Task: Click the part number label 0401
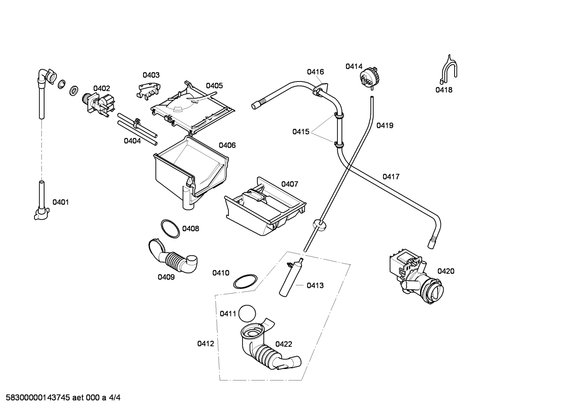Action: click(x=61, y=202)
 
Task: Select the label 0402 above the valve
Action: click(x=102, y=88)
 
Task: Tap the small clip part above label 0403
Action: click(x=148, y=91)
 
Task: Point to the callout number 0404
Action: click(x=132, y=141)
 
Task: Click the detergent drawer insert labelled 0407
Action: click(x=265, y=206)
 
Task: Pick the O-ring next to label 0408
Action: click(x=170, y=229)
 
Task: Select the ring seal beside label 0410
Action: click(x=245, y=281)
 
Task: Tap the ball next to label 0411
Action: click(x=247, y=313)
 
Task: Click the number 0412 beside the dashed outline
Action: click(x=206, y=344)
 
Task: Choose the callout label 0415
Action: click(x=301, y=132)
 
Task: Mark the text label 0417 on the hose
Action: click(x=391, y=177)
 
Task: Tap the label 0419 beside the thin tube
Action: click(x=385, y=125)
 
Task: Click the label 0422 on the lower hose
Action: click(x=283, y=344)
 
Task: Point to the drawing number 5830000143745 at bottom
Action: click(x=38, y=397)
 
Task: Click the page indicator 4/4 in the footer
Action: click(x=115, y=397)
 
